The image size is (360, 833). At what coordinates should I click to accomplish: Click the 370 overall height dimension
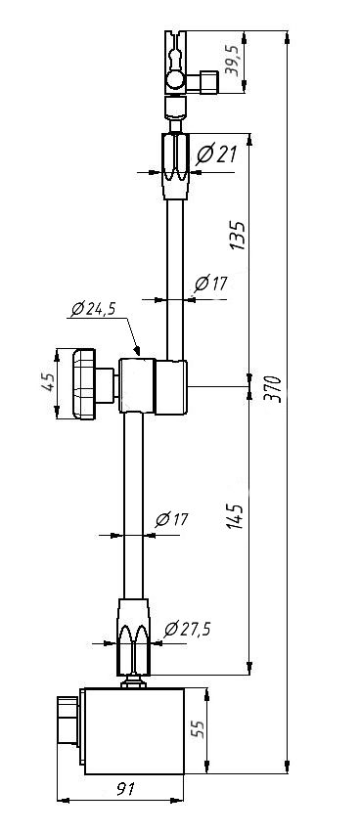pos(272,389)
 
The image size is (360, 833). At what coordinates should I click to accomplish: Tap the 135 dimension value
pos(237,236)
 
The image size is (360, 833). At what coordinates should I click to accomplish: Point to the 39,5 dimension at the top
pos(233,62)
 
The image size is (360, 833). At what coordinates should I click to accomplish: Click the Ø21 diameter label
pos(216,154)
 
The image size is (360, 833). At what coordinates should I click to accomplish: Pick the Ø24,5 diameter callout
pos(93,308)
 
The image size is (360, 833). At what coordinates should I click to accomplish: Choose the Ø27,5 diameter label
pos(187,629)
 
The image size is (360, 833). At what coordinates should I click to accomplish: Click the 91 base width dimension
pos(126,789)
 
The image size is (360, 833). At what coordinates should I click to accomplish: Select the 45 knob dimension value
pos(48,382)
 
